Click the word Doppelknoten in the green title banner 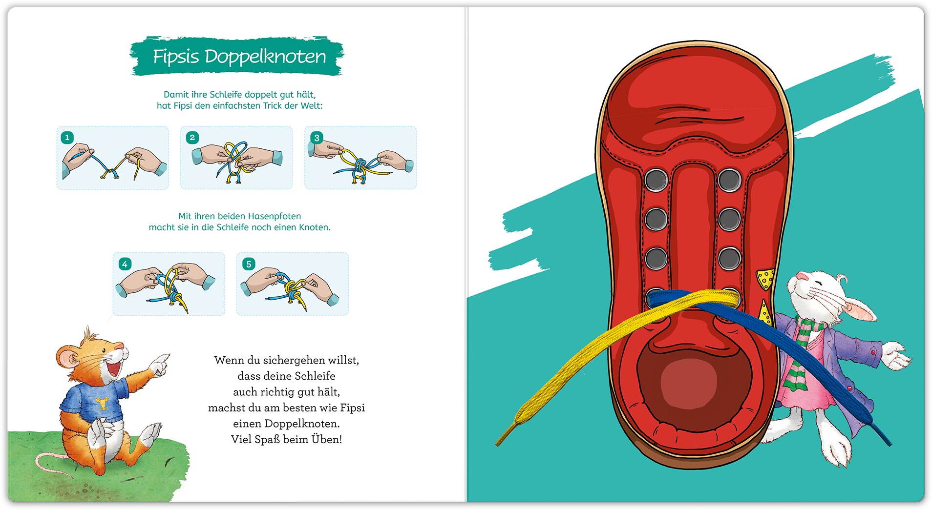(x=265, y=57)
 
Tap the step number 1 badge (x=67, y=137)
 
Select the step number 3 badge (x=317, y=138)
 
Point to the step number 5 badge (x=249, y=264)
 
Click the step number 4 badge (x=125, y=264)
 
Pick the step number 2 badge (x=192, y=137)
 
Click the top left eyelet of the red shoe (x=656, y=180)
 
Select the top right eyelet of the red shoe (x=729, y=180)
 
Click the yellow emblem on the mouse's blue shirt (x=102, y=403)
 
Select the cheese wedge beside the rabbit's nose (x=765, y=279)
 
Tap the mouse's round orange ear (x=67, y=358)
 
